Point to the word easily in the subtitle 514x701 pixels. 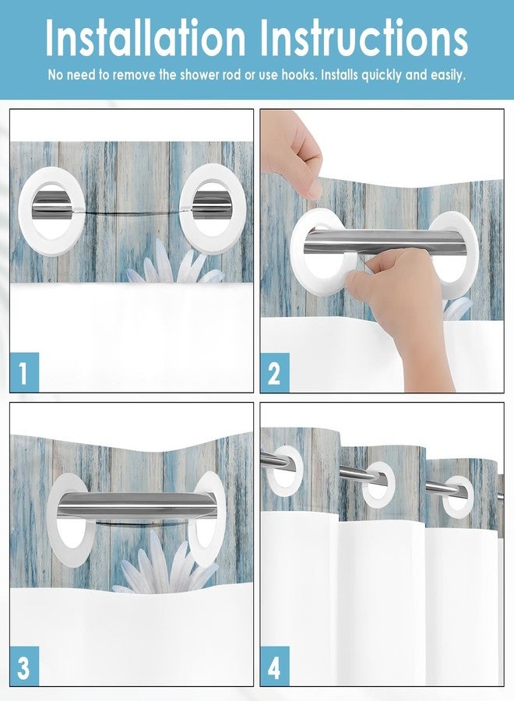pos(442,76)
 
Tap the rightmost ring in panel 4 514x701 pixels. pos(458,496)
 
